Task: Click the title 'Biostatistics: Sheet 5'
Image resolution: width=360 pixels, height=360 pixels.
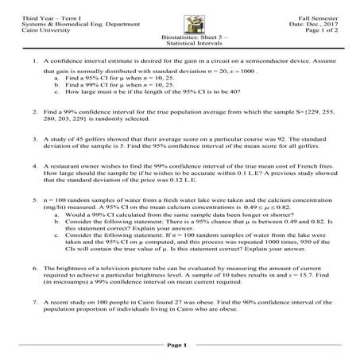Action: [180, 37]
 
